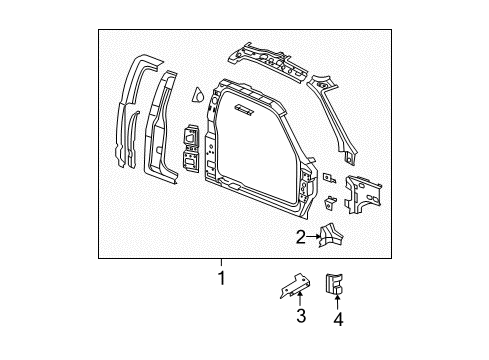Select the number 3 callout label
299,318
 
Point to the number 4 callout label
338,319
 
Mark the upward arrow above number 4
338,303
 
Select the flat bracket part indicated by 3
297,287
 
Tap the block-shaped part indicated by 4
337,284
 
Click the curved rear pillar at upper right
336,115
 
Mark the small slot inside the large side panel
244,107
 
